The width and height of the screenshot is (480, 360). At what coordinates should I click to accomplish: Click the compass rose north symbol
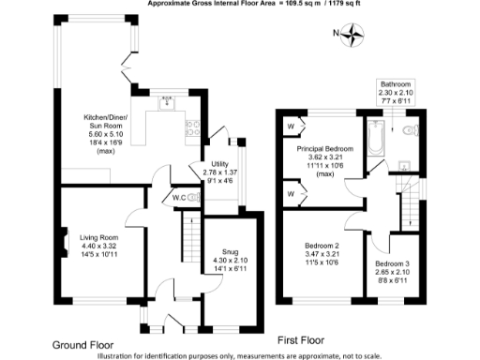tap(352, 36)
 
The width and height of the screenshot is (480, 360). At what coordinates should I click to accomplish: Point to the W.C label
tap(178, 197)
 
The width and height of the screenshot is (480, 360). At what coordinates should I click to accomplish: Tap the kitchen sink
tap(169, 102)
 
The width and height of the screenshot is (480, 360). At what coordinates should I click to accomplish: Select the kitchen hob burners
tap(192, 124)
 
